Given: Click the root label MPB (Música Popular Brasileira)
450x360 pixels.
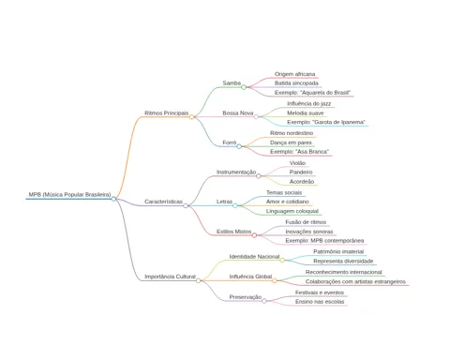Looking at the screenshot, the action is tap(69, 194).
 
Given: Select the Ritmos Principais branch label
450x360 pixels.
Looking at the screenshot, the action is tap(166, 112).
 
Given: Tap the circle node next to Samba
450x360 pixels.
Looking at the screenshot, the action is tap(244, 87).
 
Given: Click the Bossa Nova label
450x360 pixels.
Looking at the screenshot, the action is tap(238, 112).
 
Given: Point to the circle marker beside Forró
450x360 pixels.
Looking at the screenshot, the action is tap(239, 146).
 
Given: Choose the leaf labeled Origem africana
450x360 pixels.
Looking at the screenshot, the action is tap(294, 74).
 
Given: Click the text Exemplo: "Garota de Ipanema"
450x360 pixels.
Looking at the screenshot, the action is tap(326, 122).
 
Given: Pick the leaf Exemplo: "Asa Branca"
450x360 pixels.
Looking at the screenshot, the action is tap(299, 152).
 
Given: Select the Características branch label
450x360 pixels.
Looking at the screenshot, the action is tap(163, 202).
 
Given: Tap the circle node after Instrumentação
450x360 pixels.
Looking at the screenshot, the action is tap(259, 176).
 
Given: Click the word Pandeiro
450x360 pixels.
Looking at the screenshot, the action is tap(301, 172).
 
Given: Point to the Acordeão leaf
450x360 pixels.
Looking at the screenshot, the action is tap(302, 181).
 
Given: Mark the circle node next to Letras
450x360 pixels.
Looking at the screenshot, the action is tap(235, 205).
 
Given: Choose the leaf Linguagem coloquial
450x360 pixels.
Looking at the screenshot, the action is tap(292, 211).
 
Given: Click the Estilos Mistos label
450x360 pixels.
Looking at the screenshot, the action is tap(233, 232).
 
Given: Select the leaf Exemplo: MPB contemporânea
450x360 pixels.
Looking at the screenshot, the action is tap(324, 241).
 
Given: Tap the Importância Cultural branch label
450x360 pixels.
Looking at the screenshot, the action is tap(170, 277).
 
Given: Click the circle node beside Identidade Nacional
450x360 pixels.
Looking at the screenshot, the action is tap(282, 261).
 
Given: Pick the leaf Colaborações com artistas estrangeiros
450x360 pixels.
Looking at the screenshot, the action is tap(355, 281).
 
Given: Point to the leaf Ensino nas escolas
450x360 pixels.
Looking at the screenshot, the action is tap(320, 302).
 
